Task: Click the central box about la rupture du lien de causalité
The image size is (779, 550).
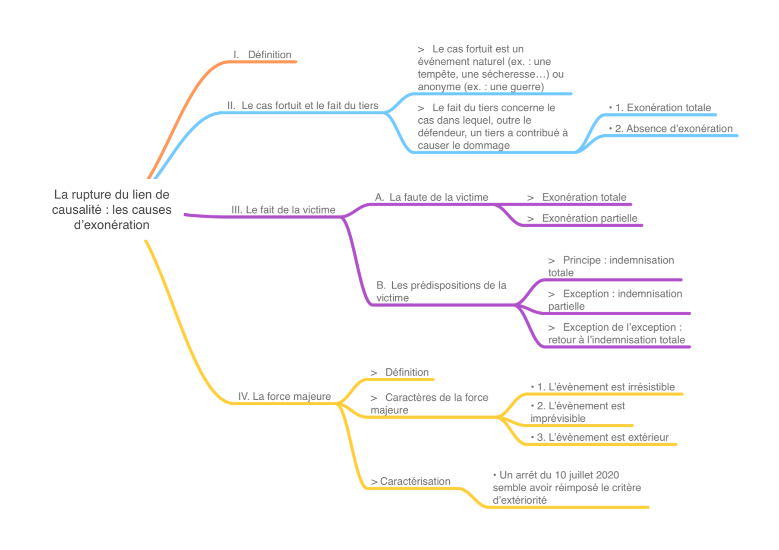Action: [112, 209]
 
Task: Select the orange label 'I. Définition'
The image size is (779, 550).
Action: [263, 55]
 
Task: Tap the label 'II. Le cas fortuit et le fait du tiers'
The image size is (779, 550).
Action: [303, 106]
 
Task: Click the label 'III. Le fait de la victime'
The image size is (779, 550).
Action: [284, 210]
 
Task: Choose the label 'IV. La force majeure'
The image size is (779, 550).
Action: [285, 397]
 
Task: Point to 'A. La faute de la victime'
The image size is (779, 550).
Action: [432, 198]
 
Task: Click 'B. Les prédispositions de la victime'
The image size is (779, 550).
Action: [441, 292]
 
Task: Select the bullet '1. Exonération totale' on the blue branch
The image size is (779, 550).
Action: [660, 108]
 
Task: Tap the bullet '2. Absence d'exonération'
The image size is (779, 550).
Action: [671, 129]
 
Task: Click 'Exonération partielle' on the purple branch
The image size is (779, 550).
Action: [583, 218]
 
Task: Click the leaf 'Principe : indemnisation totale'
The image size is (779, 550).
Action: [611, 266]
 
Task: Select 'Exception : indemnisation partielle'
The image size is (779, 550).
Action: [615, 300]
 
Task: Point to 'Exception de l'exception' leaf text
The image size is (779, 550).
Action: [616, 334]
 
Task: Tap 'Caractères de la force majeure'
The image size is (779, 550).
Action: [429, 404]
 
